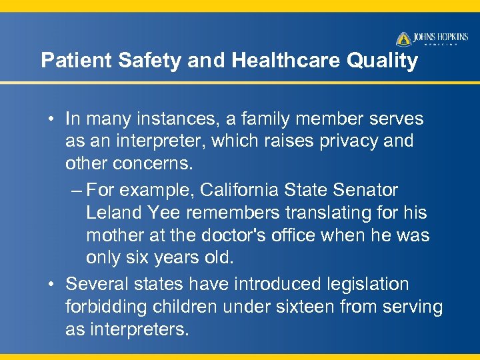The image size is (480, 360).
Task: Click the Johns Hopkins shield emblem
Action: point(403,39)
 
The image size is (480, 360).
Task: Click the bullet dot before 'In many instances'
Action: point(51,119)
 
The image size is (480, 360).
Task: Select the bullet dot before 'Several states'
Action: point(51,285)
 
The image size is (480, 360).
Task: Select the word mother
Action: point(114,235)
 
